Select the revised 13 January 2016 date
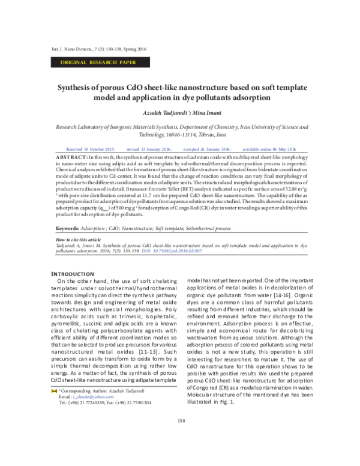pos(149,148)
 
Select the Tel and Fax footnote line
pos(105,420)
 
